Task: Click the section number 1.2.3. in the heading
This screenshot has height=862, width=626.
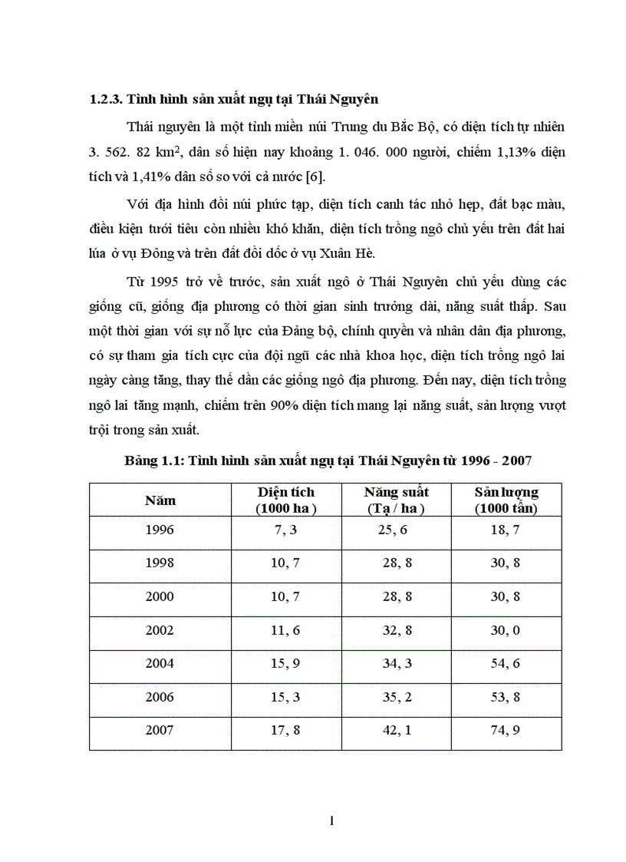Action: [x=105, y=99]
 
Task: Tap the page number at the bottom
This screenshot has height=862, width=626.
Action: [x=331, y=821]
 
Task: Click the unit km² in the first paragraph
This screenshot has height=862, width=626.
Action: [x=166, y=151]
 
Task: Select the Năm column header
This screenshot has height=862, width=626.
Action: [x=160, y=500]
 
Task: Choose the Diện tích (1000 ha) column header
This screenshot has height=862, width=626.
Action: [x=286, y=500]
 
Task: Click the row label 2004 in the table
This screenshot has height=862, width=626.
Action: [x=160, y=663]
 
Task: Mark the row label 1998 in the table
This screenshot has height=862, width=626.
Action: [x=160, y=563]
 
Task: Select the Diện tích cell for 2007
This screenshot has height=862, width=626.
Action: [x=285, y=730]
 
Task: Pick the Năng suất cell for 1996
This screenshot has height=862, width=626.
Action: [x=397, y=530]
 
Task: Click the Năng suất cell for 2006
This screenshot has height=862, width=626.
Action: [x=397, y=697]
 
